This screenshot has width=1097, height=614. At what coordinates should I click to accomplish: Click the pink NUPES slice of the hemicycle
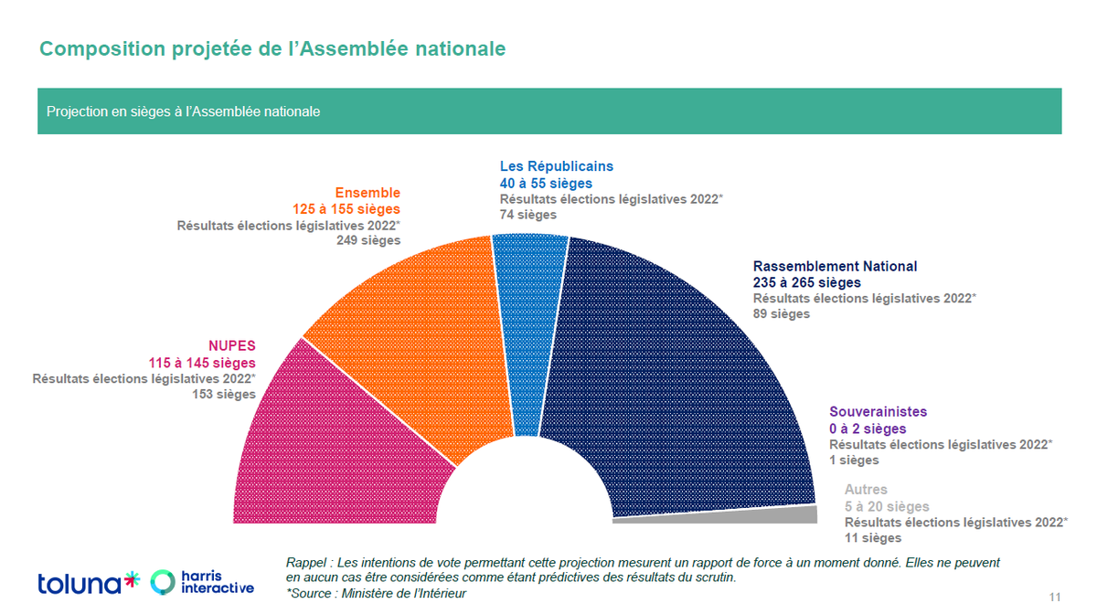click(x=329, y=439)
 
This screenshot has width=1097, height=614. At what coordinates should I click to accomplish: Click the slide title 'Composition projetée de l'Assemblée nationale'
click(x=272, y=48)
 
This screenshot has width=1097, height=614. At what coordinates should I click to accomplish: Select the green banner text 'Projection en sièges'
click(x=183, y=111)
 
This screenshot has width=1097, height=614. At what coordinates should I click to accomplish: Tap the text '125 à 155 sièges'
click(x=346, y=208)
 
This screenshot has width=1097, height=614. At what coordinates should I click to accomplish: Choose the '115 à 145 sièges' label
click(x=202, y=363)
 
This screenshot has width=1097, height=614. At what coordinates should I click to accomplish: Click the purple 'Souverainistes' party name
click(x=878, y=412)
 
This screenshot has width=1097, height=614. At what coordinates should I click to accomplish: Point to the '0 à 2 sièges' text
click(x=868, y=429)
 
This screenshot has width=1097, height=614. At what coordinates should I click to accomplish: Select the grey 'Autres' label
click(x=866, y=490)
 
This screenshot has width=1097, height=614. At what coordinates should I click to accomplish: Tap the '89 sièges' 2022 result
click(x=781, y=313)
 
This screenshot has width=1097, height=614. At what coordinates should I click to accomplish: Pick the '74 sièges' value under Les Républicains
click(x=527, y=215)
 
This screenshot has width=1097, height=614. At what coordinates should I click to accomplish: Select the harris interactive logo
click(x=203, y=582)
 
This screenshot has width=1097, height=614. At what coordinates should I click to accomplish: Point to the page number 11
click(x=1055, y=598)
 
